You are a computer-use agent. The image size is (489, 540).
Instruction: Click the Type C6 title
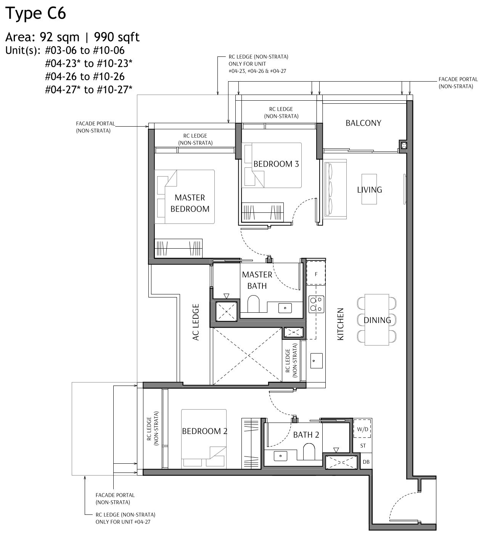point(36,13)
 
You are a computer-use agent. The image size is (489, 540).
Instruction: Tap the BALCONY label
point(363,123)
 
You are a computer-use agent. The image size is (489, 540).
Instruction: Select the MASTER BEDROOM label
point(190,203)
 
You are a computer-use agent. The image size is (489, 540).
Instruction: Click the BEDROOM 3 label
point(276,164)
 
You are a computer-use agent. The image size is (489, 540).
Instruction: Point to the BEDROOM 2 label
point(204,431)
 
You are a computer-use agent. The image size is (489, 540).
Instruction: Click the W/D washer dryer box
point(362,429)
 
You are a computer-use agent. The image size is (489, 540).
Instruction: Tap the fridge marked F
point(316,274)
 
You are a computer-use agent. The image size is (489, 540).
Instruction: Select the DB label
point(366,462)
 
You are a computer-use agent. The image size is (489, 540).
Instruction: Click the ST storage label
point(363,445)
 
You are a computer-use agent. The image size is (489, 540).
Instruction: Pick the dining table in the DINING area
point(377,320)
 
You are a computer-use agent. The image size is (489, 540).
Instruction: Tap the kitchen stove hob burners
point(317,304)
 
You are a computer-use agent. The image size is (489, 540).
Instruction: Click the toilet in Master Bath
point(254,305)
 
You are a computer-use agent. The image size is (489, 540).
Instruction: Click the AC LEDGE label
point(196,322)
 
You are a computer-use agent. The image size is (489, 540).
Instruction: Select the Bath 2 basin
point(281,455)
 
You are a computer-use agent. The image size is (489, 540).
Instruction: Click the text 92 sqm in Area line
point(57,37)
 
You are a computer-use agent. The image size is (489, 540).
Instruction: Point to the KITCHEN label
point(340,324)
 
